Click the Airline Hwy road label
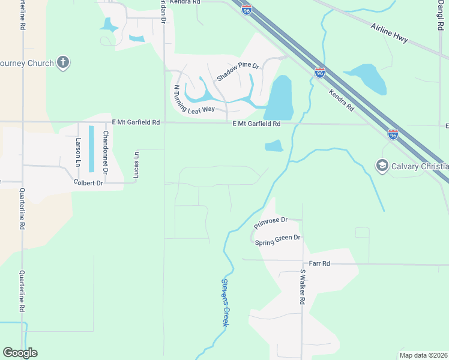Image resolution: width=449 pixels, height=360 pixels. pos(390,34)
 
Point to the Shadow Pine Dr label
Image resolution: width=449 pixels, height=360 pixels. pos(237,71)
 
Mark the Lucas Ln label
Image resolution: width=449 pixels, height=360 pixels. pos(136,163)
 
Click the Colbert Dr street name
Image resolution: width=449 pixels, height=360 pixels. pos(88,182)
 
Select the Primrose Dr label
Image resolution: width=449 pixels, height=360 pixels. pos(271,223)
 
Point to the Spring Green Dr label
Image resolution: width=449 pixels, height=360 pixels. pos(277,240)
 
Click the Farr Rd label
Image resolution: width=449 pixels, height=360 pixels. pos(319,263)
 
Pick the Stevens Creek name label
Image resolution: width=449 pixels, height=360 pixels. pos(225,302)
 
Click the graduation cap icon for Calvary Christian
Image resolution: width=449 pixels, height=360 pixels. pos(381,165)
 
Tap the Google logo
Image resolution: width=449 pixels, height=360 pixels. pos(20,353)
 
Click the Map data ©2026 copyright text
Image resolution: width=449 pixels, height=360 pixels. pos(424,355)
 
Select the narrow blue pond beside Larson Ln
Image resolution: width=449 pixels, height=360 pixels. pos(92,147)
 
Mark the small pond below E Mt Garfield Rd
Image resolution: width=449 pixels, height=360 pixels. pos(274,146)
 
